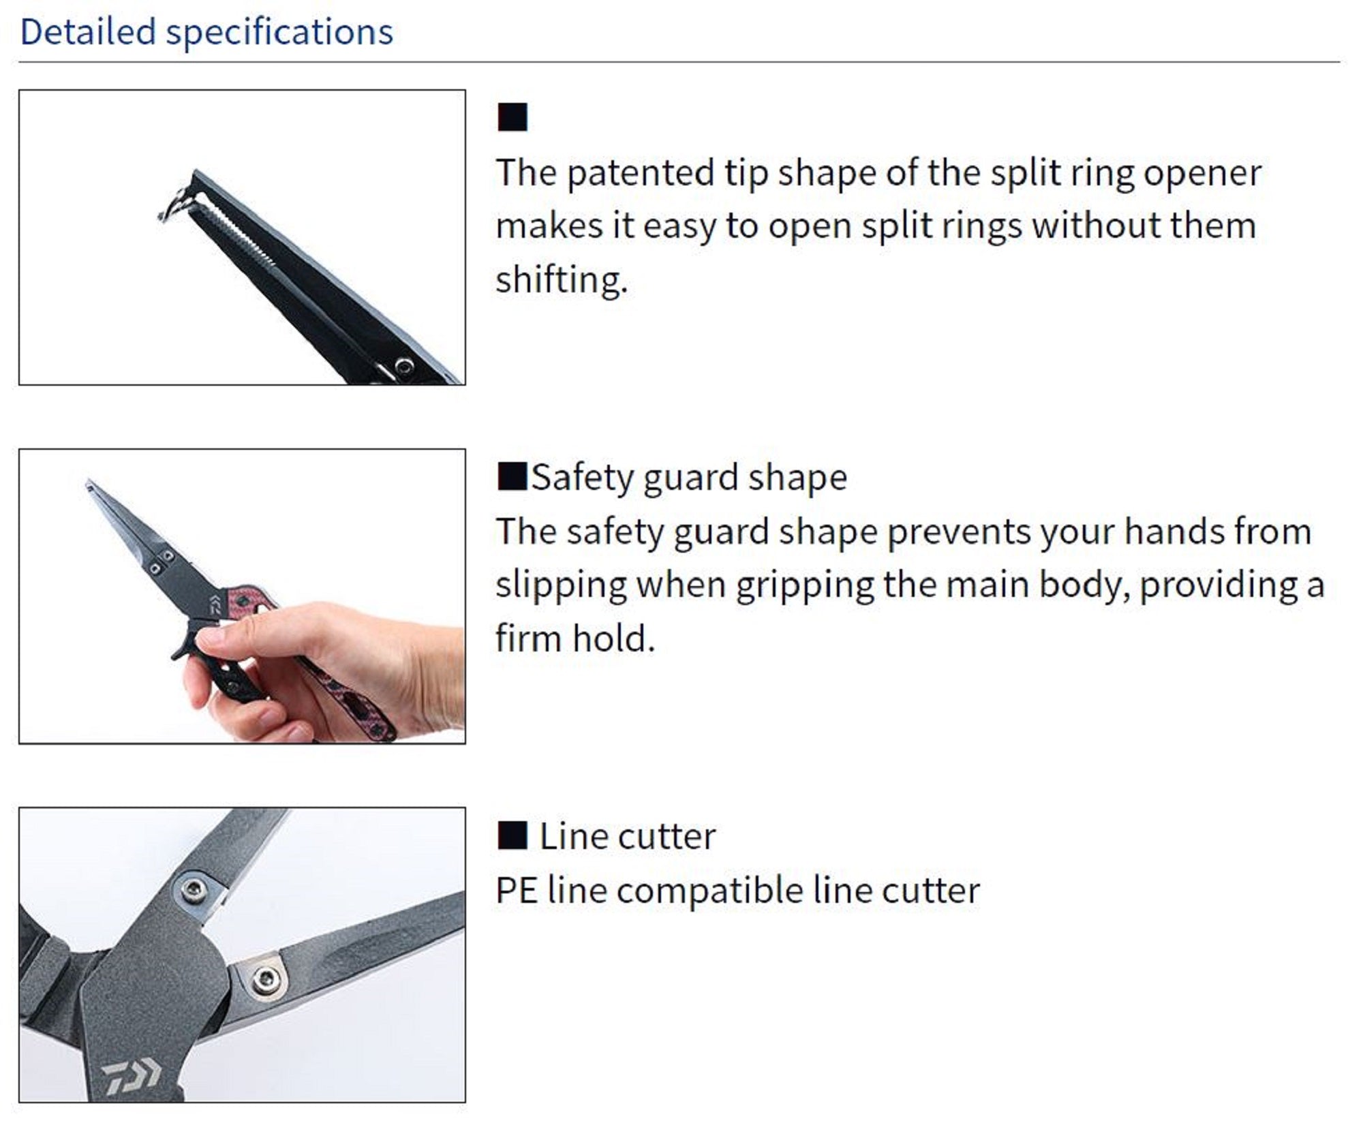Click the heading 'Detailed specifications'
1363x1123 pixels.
click(206, 32)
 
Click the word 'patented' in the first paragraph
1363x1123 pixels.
click(640, 173)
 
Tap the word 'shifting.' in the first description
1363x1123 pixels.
click(561, 280)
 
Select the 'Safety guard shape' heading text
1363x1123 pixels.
click(688, 477)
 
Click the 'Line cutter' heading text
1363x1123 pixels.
click(627, 836)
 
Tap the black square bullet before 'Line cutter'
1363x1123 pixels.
click(512, 835)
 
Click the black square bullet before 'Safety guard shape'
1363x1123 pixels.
click(512, 476)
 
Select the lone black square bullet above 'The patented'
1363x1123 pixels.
click(512, 117)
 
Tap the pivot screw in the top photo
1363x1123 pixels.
click(403, 365)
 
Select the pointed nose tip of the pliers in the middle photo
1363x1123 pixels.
click(91, 485)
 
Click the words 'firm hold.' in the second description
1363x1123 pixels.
click(575, 639)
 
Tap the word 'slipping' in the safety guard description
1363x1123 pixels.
click(561, 585)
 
